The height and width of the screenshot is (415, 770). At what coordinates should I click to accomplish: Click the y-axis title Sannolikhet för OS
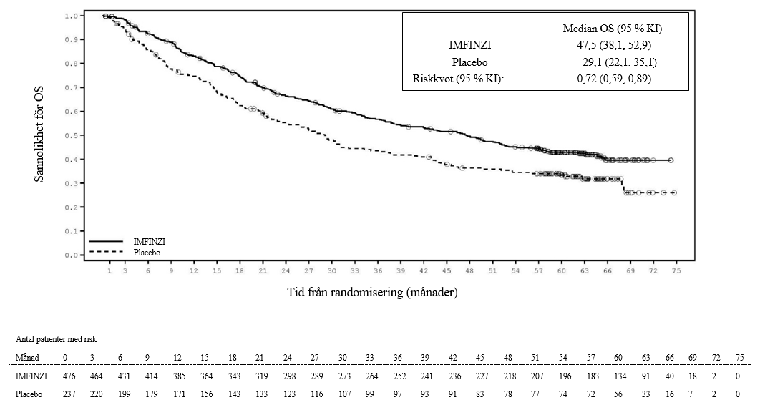(40, 134)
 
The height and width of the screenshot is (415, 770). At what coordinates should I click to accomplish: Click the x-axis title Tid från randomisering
(372, 292)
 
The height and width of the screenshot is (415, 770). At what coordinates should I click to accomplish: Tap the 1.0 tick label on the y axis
(72, 16)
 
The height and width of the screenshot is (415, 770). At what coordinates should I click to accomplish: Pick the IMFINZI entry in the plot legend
(150, 243)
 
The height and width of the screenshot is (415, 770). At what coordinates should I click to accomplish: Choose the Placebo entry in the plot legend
(147, 252)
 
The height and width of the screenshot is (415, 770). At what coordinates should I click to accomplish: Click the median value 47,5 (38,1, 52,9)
(614, 46)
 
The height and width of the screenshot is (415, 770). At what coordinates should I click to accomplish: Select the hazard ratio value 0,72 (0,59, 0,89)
(614, 79)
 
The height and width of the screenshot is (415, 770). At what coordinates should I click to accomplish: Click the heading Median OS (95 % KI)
(613, 29)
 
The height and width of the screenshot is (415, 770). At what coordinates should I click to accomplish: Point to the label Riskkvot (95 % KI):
(459, 79)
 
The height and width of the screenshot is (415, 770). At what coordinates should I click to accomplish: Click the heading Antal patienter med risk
(56, 339)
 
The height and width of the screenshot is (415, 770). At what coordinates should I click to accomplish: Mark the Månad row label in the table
(27, 356)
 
